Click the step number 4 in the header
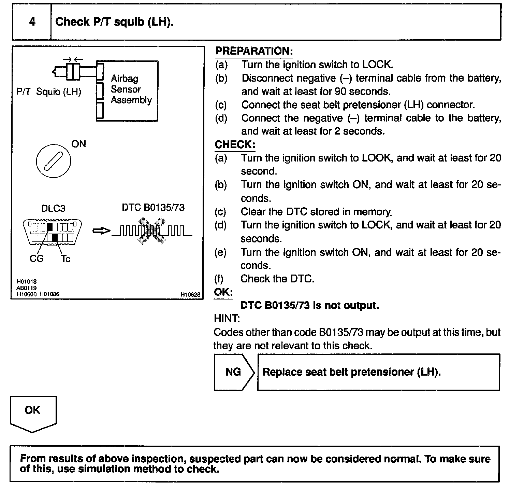(32, 22)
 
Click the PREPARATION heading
(254, 51)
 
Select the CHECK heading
(235, 144)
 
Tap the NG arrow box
(234, 372)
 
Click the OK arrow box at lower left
(33, 412)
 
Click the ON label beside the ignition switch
(79, 144)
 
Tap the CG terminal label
(37, 259)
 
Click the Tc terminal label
(65, 259)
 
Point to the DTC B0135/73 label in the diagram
(153, 207)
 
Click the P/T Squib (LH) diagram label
(49, 92)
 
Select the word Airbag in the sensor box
(125, 79)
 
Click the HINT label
(227, 319)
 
